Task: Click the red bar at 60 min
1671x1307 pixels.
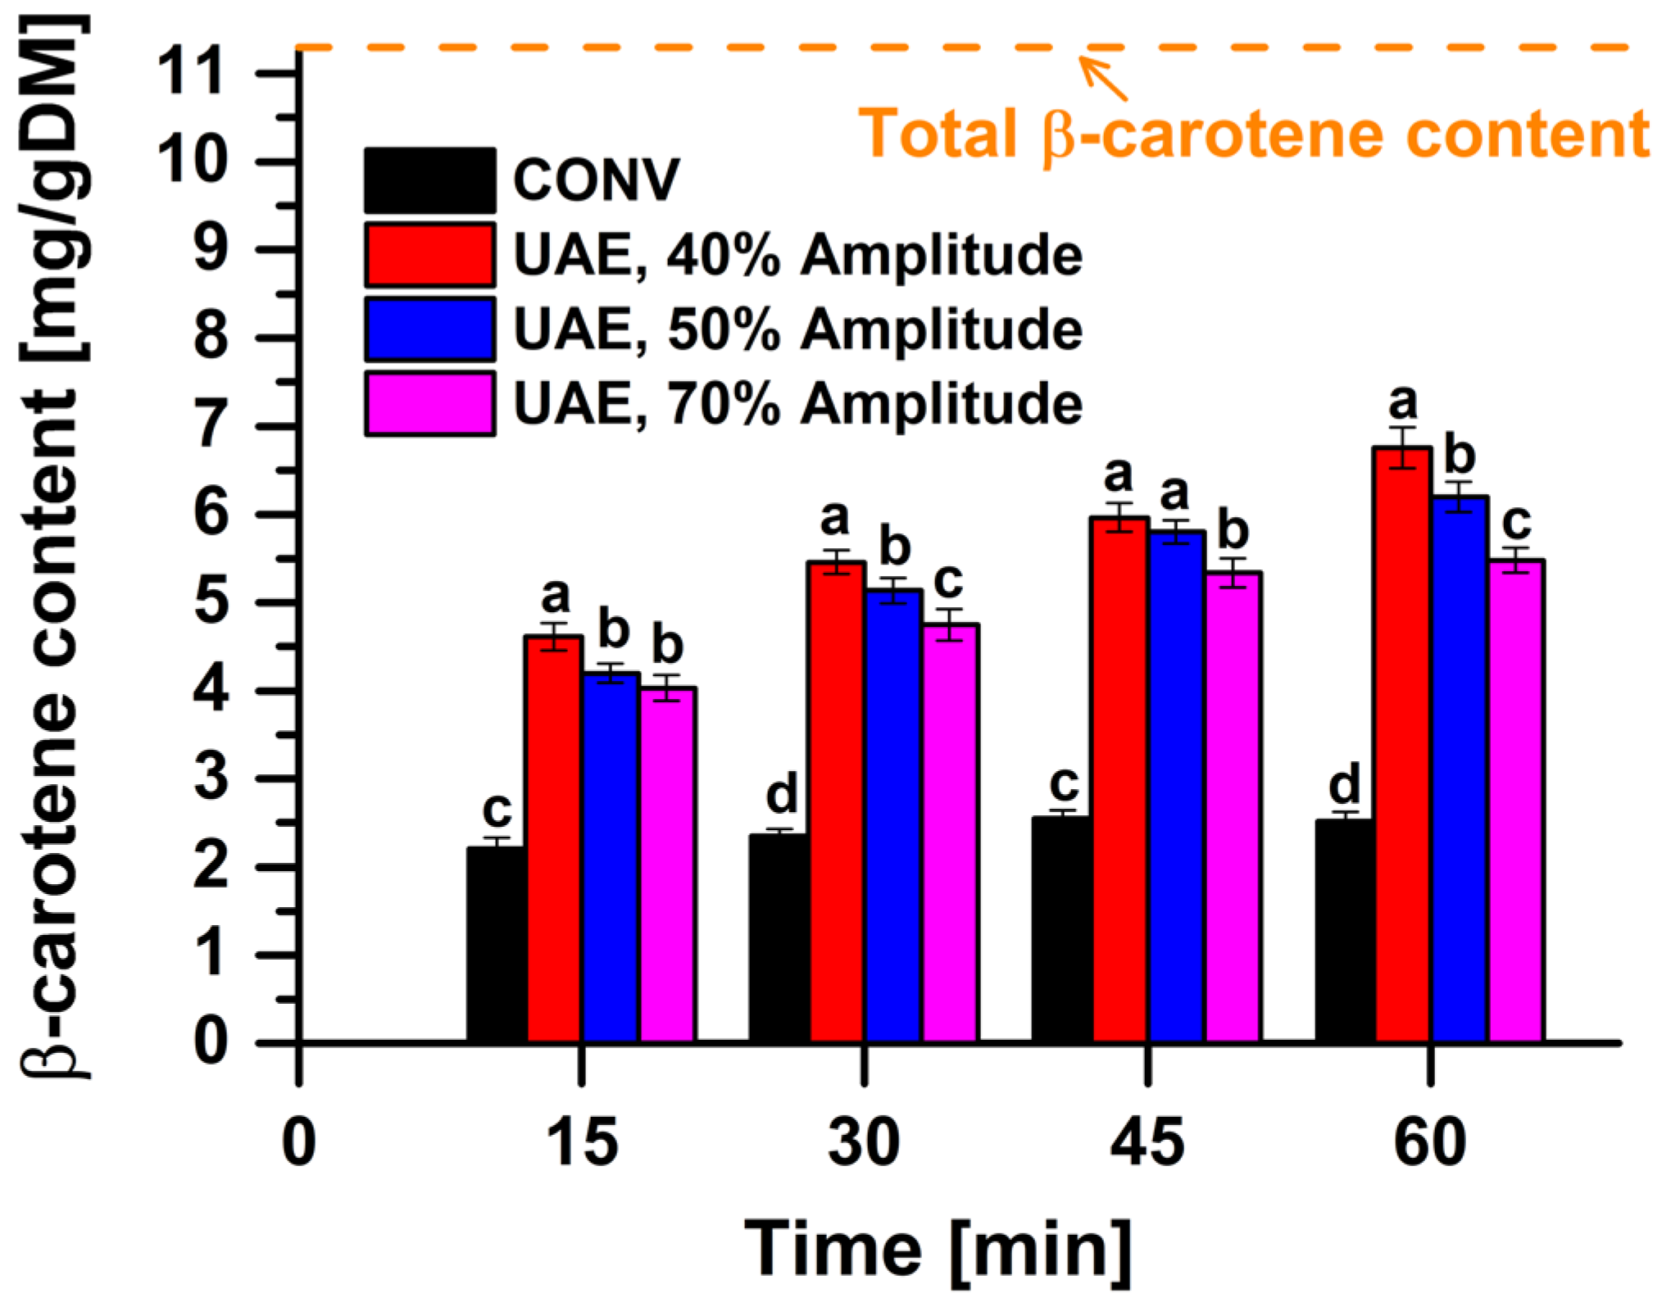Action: click(x=1403, y=746)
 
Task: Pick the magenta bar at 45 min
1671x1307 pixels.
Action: click(x=1233, y=807)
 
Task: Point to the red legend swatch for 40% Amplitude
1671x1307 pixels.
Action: click(x=429, y=255)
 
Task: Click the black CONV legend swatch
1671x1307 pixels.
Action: click(x=429, y=180)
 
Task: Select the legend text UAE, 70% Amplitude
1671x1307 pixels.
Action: click(x=797, y=404)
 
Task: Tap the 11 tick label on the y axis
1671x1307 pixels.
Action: click(x=190, y=72)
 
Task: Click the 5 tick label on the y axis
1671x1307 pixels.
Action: click(x=210, y=603)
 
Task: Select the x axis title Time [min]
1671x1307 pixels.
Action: click(x=938, y=1249)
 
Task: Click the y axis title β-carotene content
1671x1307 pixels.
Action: click(x=53, y=541)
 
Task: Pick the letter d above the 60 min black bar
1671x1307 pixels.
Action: click(x=1344, y=785)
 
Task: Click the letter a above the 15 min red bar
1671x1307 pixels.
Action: click(x=555, y=597)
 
